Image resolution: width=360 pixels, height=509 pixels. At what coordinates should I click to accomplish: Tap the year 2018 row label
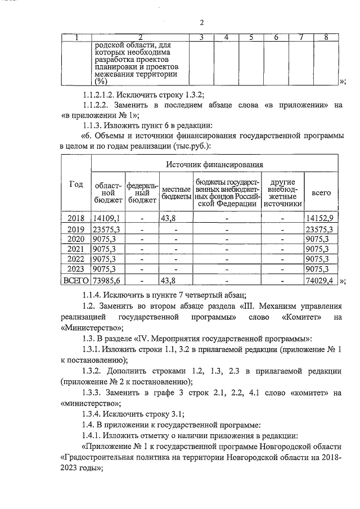click(75, 218)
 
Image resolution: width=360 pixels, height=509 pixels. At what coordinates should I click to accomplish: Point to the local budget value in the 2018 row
click(169, 218)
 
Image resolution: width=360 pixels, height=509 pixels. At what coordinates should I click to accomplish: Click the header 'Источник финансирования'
click(214, 164)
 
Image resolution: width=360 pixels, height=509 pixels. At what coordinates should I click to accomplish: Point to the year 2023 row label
click(75, 269)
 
